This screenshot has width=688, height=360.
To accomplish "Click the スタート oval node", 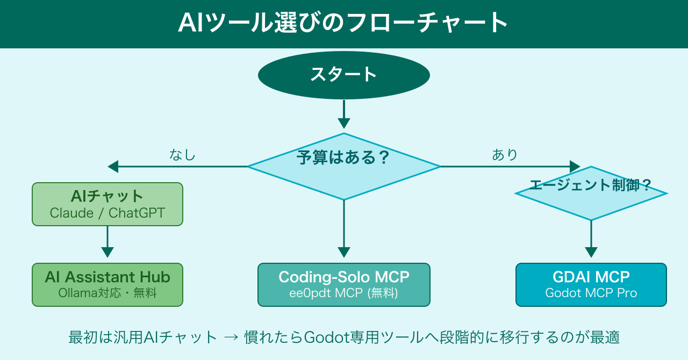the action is [343, 75].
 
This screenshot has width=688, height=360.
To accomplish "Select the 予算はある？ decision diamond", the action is [343, 167].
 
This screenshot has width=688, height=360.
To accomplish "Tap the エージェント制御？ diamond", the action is [591, 193].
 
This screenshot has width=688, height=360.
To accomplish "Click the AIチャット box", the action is [107, 204].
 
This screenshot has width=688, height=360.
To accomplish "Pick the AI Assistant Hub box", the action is [107, 285].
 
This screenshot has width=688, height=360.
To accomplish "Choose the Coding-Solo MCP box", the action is [343, 285].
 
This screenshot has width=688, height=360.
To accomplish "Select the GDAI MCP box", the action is [591, 285].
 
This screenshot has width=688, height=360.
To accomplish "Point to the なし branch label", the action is [182, 155].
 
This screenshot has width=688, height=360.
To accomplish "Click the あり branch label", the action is [505, 155].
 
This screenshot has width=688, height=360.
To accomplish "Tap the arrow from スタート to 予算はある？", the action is [343, 114].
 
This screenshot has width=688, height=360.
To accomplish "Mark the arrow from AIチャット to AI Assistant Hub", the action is [107, 242].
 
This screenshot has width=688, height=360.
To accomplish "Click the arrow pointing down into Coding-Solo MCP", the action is [343, 229].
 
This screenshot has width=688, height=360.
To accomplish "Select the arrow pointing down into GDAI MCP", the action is [591, 239].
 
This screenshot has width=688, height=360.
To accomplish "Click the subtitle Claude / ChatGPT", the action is [107, 213].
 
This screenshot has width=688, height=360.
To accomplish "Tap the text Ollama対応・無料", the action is [107, 293].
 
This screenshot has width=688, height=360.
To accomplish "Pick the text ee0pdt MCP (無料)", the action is [343, 293].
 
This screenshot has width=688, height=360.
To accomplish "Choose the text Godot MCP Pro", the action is [591, 293].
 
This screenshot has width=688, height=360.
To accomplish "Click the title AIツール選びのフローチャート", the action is [343, 22].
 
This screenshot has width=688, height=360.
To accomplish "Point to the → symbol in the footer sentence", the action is [231, 337].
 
